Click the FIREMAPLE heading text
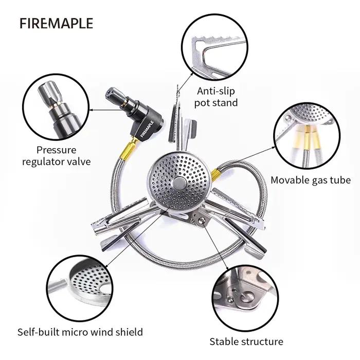pos(56,23)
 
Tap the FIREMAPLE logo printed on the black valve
pos(147,129)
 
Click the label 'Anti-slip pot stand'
pos(216,97)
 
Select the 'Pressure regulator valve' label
pos(57,156)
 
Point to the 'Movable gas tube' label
pos(311,180)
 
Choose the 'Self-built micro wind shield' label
pos(80,332)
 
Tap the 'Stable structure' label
pos(246,341)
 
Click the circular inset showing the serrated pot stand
pos(214,47)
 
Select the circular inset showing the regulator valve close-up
pos(56,107)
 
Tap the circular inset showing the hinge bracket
pos(245,298)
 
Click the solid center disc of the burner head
pos(179,183)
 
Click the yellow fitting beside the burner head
pos(215,174)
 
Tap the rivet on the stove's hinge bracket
pos(202,221)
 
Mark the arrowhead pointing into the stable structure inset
pos(227,268)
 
